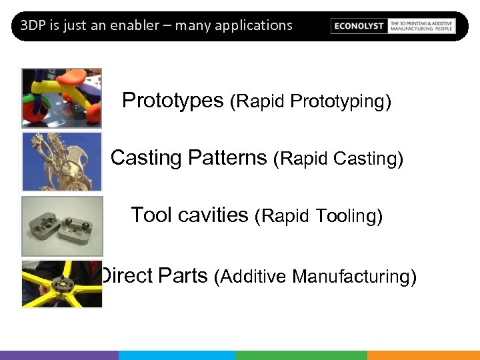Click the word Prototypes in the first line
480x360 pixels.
coord(173,101)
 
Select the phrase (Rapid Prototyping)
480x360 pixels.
coord(310,102)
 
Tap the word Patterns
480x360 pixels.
coord(227,158)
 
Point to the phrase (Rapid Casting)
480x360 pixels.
coord(338,159)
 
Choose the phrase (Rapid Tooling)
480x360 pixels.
coord(319,217)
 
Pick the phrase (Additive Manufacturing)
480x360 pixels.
coord(315,276)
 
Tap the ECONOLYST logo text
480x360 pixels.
coord(359,26)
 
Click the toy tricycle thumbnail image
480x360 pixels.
coord(61,97)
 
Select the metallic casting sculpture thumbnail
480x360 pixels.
coord(61,161)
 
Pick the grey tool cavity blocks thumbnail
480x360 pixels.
coord(62,225)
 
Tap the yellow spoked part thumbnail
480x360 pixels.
coord(62,284)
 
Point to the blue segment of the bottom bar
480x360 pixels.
coord(177,355)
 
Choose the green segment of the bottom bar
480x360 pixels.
coord(301,355)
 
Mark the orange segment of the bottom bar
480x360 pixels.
coord(423,355)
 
